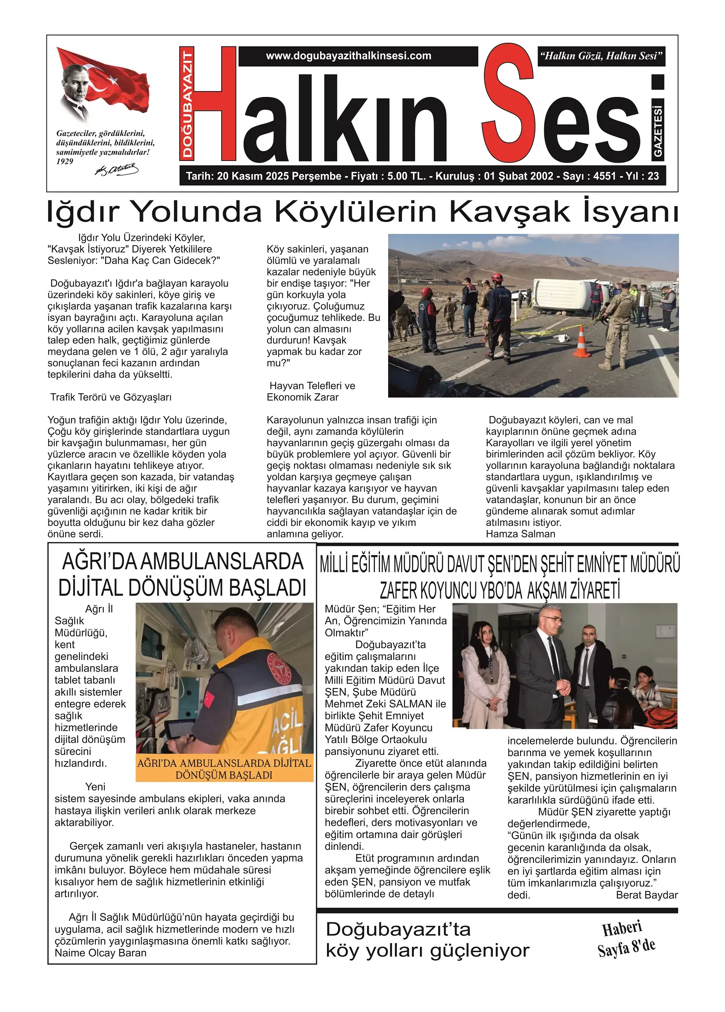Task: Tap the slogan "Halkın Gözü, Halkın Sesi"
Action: tap(601, 56)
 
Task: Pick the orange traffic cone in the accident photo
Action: tap(581, 341)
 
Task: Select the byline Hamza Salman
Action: tap(520, 534)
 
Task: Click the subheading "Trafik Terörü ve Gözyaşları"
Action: tap(111, 397)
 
